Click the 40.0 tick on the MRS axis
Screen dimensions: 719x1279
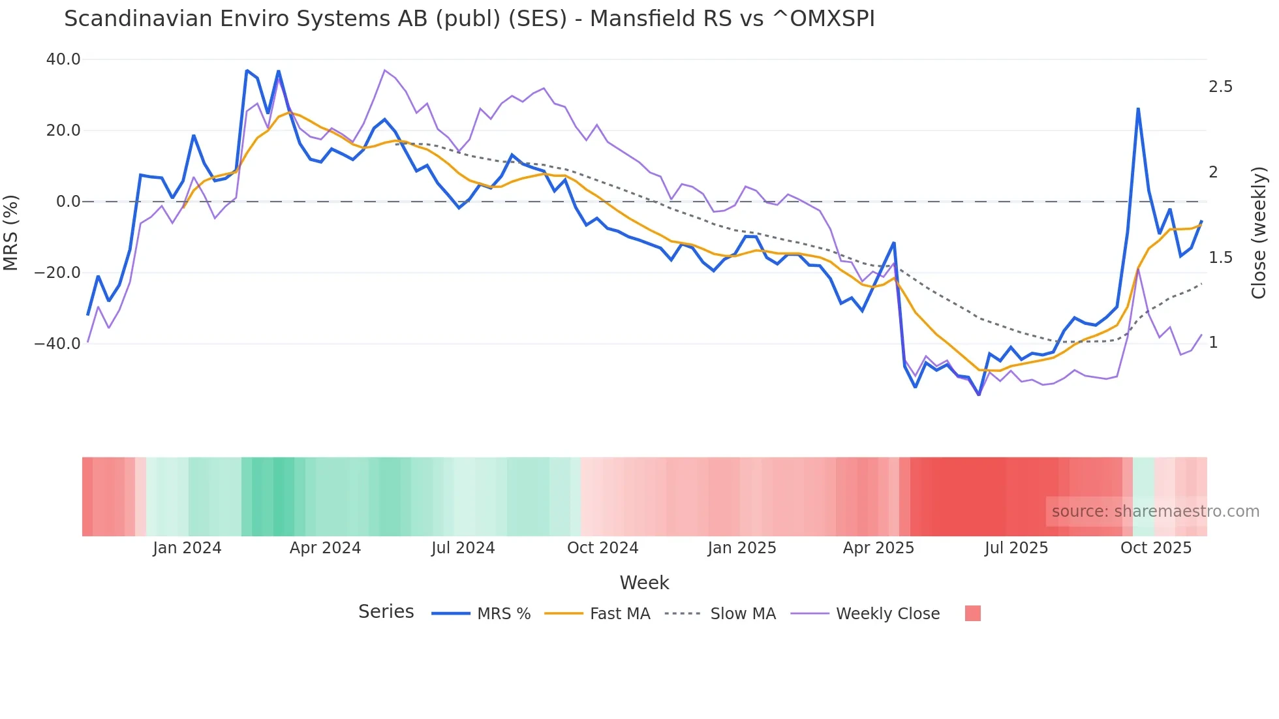point(63,59)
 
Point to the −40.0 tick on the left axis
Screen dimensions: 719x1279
point(57,343)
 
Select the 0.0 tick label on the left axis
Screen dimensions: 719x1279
point(68,202)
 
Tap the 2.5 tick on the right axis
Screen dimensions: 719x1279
point(1220,87)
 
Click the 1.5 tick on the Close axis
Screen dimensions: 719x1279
point(1220,258)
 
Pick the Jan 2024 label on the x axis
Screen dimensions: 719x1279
point(187,548)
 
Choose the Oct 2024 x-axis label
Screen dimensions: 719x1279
point(602,548)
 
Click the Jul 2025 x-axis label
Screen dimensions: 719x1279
point(1016,548)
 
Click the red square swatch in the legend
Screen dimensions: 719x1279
point(972,613)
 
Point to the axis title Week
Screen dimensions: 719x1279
point(644,583)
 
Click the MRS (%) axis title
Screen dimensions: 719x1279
point(11,232)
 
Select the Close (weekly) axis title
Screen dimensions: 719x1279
point(1259,233)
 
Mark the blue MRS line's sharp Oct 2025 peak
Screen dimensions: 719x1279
point(1138,109)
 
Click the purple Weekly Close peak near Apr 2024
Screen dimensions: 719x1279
point(385,70)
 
